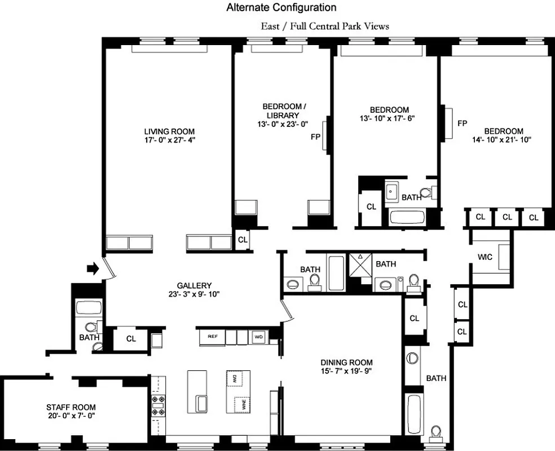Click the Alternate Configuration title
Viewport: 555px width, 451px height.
(281, 7)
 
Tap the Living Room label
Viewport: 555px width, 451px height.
(170, 131)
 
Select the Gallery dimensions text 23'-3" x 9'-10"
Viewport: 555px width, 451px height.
(193, 294)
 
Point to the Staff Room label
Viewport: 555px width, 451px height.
(71, 407)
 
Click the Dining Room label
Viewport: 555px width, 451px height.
(346, 362)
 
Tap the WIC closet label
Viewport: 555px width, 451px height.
(484, 257)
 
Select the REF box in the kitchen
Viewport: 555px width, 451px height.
(213, 337)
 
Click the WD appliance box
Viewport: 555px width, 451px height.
(258, 337)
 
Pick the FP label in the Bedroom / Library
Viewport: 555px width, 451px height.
(315, 136)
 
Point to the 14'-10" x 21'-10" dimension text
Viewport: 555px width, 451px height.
(503, 139)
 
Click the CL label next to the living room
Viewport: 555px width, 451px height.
(243, 240)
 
